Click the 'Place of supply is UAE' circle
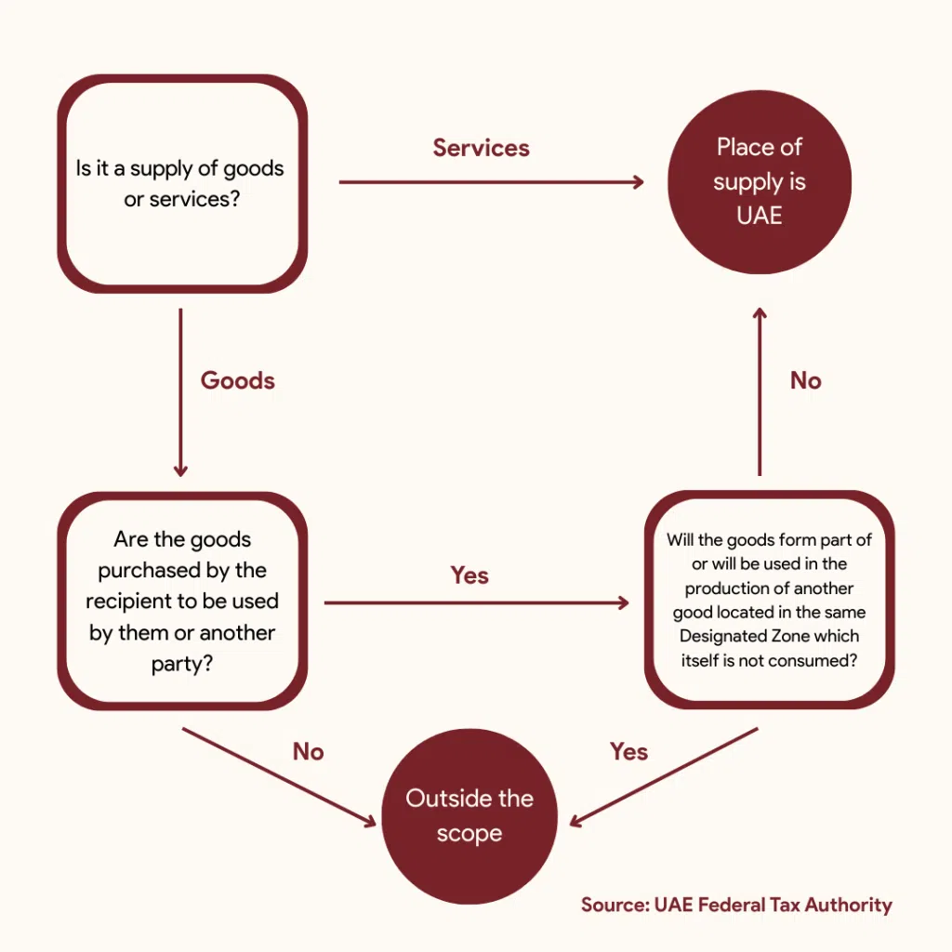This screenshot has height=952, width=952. [760, 181]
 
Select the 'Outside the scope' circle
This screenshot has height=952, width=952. [469, 815]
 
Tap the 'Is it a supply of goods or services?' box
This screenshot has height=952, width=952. [182, 183]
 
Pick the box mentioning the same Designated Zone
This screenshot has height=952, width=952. [769, 601]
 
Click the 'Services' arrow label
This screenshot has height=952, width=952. [481, 148]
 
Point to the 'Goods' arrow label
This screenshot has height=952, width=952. [237, 380]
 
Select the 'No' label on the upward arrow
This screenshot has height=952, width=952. [805, 380]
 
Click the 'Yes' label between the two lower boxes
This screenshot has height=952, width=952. [469, 575]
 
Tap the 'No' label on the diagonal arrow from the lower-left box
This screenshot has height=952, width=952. [308, 751]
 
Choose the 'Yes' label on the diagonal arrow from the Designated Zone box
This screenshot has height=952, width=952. [628, 751]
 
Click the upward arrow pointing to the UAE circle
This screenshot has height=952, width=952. [760, 390]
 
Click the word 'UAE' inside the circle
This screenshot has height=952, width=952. [760, 217]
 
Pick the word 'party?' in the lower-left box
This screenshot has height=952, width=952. [182, 665]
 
